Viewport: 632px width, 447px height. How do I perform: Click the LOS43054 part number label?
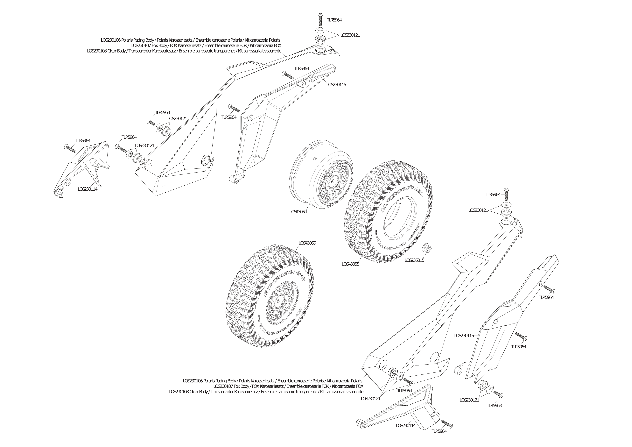pos(298,212)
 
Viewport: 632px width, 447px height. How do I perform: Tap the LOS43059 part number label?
pos(307,243)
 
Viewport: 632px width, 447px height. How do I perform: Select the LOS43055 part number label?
pos(350,264)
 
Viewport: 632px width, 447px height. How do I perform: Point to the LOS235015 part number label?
pos(414,260)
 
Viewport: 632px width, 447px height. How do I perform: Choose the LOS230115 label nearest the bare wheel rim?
pos(336,85)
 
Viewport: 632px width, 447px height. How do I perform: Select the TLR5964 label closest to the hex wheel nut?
pos(493,195)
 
